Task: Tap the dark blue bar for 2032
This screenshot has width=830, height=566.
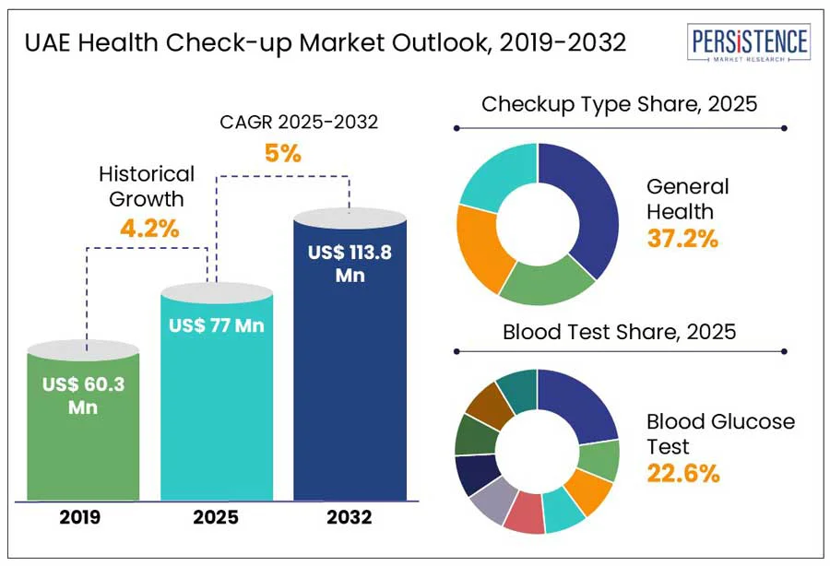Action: pos(350,369)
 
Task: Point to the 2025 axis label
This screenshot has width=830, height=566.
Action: pos(217,518)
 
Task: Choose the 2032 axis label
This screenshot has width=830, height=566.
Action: pos(350,518)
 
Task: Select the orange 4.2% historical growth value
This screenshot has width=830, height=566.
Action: pos(148,228)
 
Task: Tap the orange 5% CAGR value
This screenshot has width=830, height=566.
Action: pos(283,153)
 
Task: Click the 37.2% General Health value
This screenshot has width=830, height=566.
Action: pos(682,239)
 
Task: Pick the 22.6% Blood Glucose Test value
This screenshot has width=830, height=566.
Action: pos(682,474)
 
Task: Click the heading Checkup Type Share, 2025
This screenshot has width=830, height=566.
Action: pos(619,103)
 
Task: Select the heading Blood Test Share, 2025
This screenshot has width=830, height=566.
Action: pos(619,332)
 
